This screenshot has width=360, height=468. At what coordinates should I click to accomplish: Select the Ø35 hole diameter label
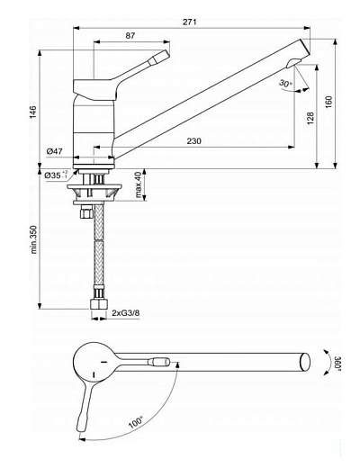pos(57,175)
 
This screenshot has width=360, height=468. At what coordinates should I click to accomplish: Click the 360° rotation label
pos(337,366)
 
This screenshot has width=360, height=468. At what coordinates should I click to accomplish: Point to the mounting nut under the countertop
pos(96,190)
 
